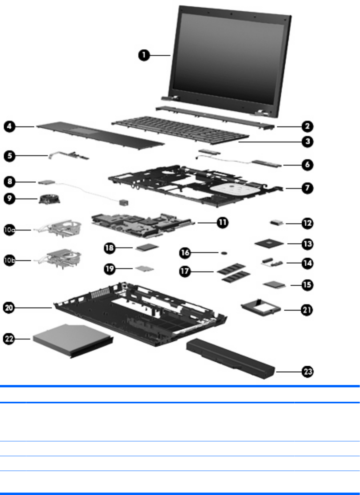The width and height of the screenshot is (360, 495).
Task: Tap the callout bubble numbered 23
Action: coord(308,371)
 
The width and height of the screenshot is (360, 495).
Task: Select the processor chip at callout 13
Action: coord(268,242)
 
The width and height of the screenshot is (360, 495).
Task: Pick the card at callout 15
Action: coord(274,285)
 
